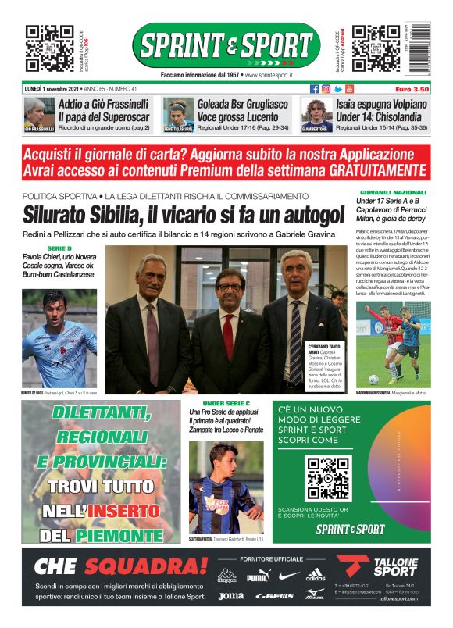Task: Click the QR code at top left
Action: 50,48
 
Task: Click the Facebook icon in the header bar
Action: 314,89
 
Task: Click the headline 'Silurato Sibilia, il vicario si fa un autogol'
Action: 184,212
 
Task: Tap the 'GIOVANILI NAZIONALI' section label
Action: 393,192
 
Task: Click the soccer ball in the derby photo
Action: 374,379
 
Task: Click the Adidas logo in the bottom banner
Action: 316,576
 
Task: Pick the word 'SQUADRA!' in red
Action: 146,566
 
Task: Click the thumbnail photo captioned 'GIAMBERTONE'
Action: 316,115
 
